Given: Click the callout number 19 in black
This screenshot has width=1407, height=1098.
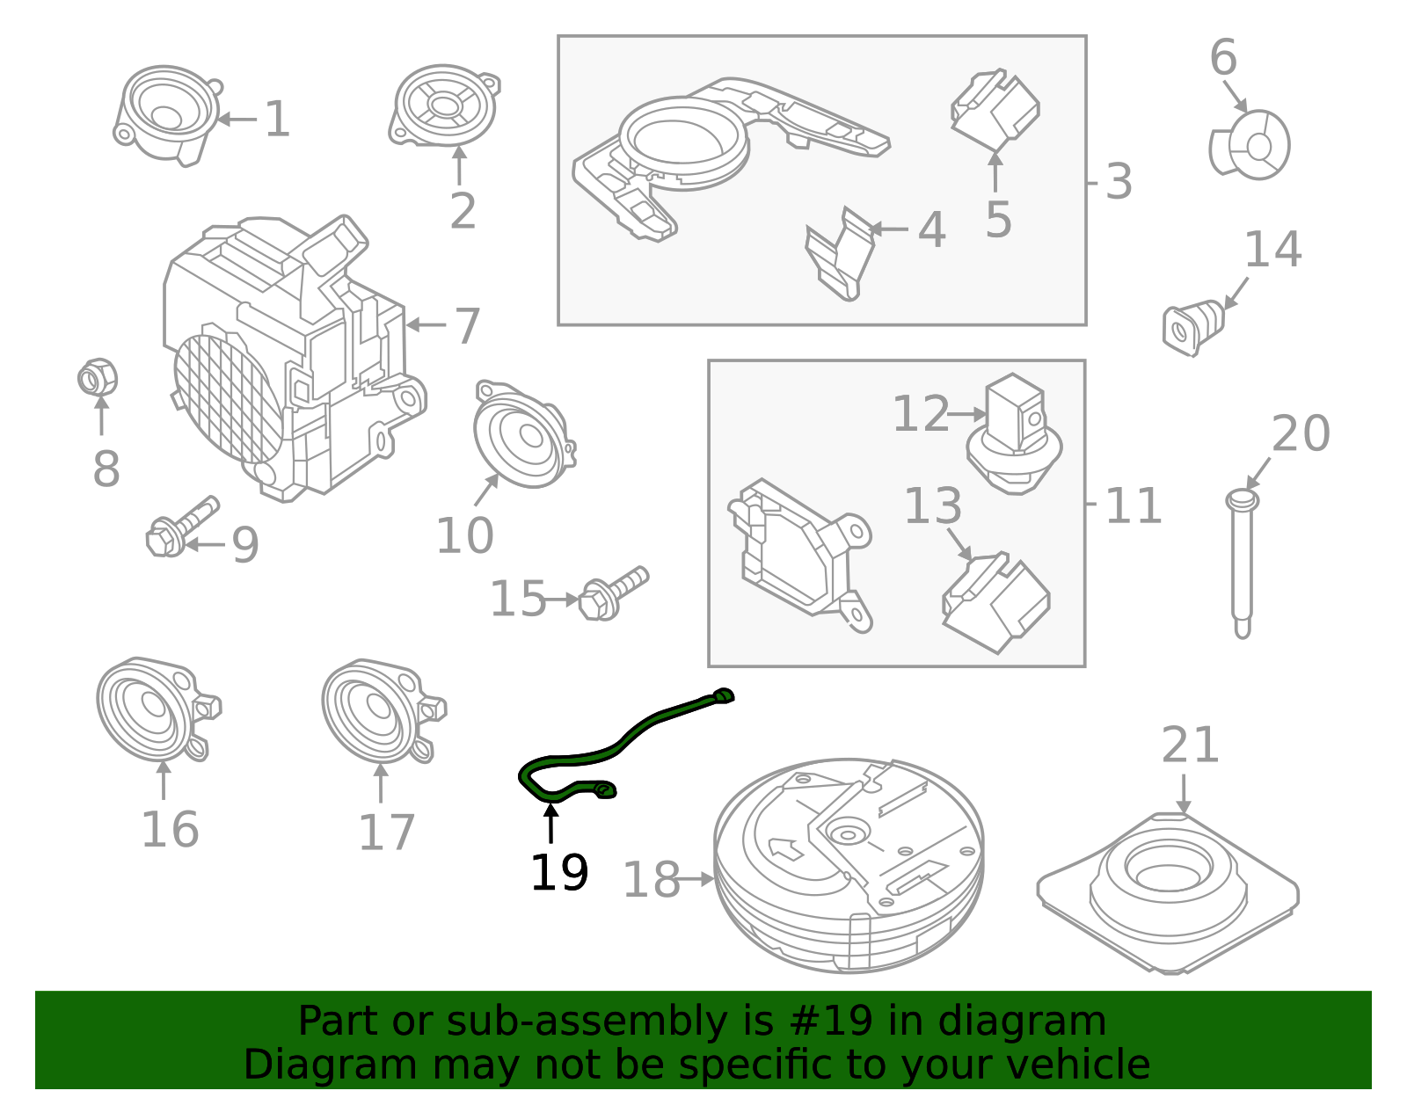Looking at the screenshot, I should pyautogui.click(x=559, y=873).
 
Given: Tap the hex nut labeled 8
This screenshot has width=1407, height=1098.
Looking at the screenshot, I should pyautogui.click(x=97, y=379).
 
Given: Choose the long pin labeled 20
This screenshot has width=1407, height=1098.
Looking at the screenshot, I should pyautogui.click(x=1241, y=563).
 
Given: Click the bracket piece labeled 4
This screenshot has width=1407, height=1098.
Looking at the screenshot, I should pyautogui.click(x=840, y=255).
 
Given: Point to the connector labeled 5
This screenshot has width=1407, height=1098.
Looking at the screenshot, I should pyautogui.click(x=995, y=110).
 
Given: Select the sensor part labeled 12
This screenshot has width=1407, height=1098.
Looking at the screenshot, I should pyautogui.click(x=1014, y=435).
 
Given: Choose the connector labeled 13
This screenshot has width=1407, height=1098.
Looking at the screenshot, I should pyautogui.click(x=995, y=603).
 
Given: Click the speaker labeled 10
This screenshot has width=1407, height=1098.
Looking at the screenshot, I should pyautogui.click(x=521, y=435).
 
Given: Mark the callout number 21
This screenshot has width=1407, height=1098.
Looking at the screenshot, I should pyautogui.click(x=1190, y=745).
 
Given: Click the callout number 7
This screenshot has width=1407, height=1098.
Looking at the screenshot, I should pyautogui.click(x=467, y=326).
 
